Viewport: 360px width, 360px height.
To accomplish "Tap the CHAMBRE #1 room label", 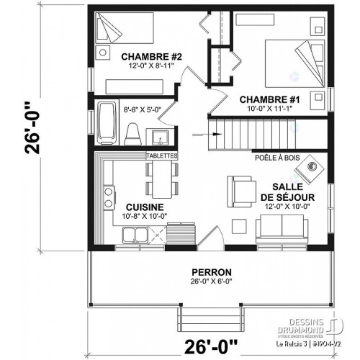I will (x=264, y=99).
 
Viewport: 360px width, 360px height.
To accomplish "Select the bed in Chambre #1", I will (x=291, y=62).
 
